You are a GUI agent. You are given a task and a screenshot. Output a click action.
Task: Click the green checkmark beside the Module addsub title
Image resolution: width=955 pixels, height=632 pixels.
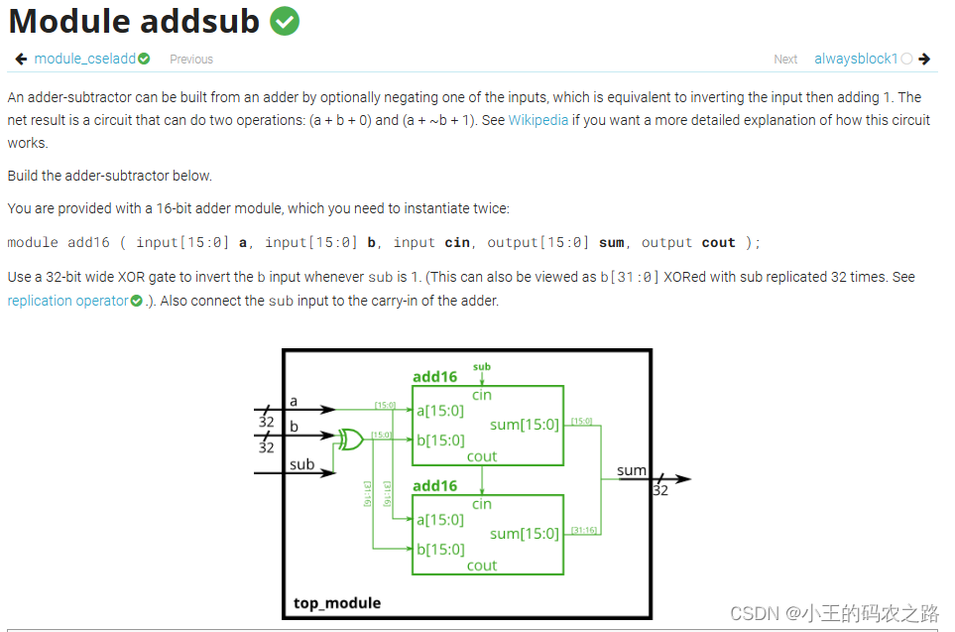pyautogui.click(x=285, y=21)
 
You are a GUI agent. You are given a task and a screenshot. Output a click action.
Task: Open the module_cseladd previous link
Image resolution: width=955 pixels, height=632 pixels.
pyautogui.click(x=84, y=59)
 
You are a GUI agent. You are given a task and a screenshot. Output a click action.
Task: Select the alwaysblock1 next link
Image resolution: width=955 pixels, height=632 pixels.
pyautogui.click(x=855, y=59)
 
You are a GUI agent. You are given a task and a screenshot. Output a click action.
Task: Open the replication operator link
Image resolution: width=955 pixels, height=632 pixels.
pyautogui.click(x=67, y=301)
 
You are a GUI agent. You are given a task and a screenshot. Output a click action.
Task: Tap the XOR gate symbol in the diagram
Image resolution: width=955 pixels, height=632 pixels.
pyautogui.click(x=350, y=439)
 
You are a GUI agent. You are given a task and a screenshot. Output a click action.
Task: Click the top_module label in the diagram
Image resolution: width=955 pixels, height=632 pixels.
pyautogui.click(x=337, y=602)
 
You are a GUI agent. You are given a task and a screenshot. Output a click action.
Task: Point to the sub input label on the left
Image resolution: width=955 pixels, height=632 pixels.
pyautogui.click(x=301, y=464)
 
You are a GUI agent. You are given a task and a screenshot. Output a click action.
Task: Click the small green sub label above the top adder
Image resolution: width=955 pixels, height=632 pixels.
pyautogui.click(x=482, y=367)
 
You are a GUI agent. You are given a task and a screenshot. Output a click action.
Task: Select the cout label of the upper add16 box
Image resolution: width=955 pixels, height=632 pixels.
pyautogui.click(x=482, y=456)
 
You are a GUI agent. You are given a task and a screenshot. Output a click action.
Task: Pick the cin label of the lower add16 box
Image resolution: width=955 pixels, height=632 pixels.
pyautogui.click(x=482, y=504)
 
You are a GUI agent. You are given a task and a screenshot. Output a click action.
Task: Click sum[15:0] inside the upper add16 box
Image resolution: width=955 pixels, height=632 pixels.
pyautogui.click(x=525, y=425)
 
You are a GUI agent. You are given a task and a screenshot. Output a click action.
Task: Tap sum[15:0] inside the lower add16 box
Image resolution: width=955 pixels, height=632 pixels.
pyautogui.click(x=525, y=534)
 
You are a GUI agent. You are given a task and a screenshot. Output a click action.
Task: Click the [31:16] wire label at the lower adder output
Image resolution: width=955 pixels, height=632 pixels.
pyautogui.click(x=583, y=531)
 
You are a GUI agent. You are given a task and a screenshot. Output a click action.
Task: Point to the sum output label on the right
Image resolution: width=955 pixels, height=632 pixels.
pyautogui.click(x=632, y=470)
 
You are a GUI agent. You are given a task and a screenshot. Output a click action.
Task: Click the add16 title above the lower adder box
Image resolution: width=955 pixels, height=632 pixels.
pyautogui.click(x=434, y=486)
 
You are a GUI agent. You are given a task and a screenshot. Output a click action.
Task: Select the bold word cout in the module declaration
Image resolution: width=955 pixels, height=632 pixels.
pyautogui.click(x=719, y=242)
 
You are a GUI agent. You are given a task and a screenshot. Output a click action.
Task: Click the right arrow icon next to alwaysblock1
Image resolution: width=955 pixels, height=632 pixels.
pyautogui.click(x=924, y=59)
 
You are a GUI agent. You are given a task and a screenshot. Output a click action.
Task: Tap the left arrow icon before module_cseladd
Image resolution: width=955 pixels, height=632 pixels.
pyautogui.click(x=21, y=59)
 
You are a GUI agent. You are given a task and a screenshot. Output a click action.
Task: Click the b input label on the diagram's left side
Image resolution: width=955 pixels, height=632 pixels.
pyautogui.click(x=294, y=426)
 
